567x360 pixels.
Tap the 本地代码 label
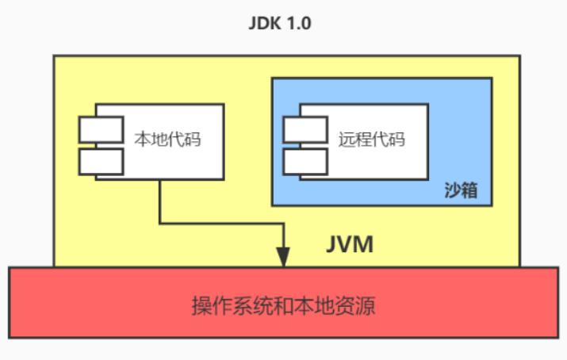pyautogui.click(x=166, y=141)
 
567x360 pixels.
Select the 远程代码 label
pyautogui.click(x=370, y=140)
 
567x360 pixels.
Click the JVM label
pyautogui.click(x=350, y=243)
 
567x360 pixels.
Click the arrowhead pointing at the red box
pyautogui.click(x=282, y=259)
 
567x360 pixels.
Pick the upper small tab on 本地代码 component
pyautogui.click(x=101, y=128)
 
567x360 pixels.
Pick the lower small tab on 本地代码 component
pyautogui.click(x=101, y=161)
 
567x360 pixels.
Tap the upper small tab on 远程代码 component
pyautogui.click(x=305, y=128)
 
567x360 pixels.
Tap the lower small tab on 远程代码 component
pyautogui.click(x=305, y=161)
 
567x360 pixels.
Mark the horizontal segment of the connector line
pyautogui.click(x=221, y=223)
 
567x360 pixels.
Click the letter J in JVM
pyautogui.click(x=332, y=243)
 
